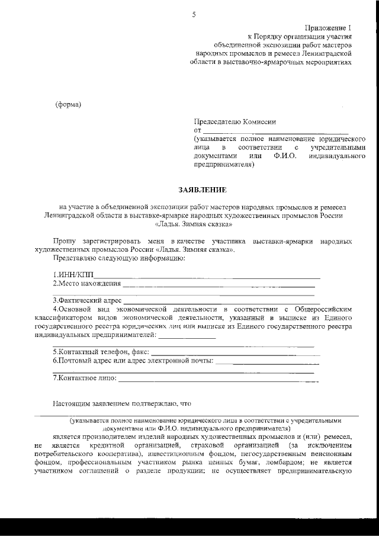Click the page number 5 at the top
pyautogui.click(x=194, y=15)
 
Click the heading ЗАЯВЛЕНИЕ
pyautogui.click(x=203, y=190)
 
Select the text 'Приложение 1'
pyautogui.click(x=329, y=28)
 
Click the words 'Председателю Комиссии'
pyautogui.click(x=235, y=121)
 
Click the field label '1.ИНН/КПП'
pyautogui.click(x=73, y=275)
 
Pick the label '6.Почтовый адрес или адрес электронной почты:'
pyautogui.click(x=133, y=360)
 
